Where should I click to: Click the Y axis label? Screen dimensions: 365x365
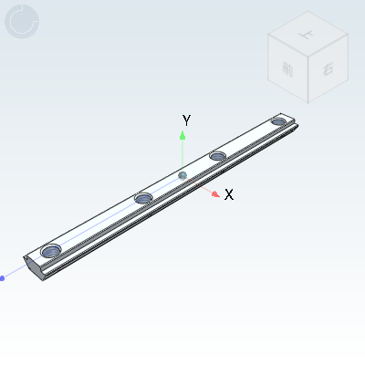pos(186,120)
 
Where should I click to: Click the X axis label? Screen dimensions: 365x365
pos(229,194)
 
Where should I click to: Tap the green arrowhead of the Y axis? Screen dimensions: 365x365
pos(182,135)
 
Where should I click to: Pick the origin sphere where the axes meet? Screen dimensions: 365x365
pos(182,174)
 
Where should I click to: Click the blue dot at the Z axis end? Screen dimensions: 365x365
pos(2,277)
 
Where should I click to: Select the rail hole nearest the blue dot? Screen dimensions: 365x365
pos(51,249)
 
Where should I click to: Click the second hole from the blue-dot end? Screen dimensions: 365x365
pos(142,198)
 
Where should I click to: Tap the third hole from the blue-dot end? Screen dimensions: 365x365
pos(217,156)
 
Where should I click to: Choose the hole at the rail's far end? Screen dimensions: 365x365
pos(278,121)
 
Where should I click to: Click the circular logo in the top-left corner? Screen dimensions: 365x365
pos(21,21)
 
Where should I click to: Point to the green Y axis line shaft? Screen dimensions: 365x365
pos(182,153)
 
